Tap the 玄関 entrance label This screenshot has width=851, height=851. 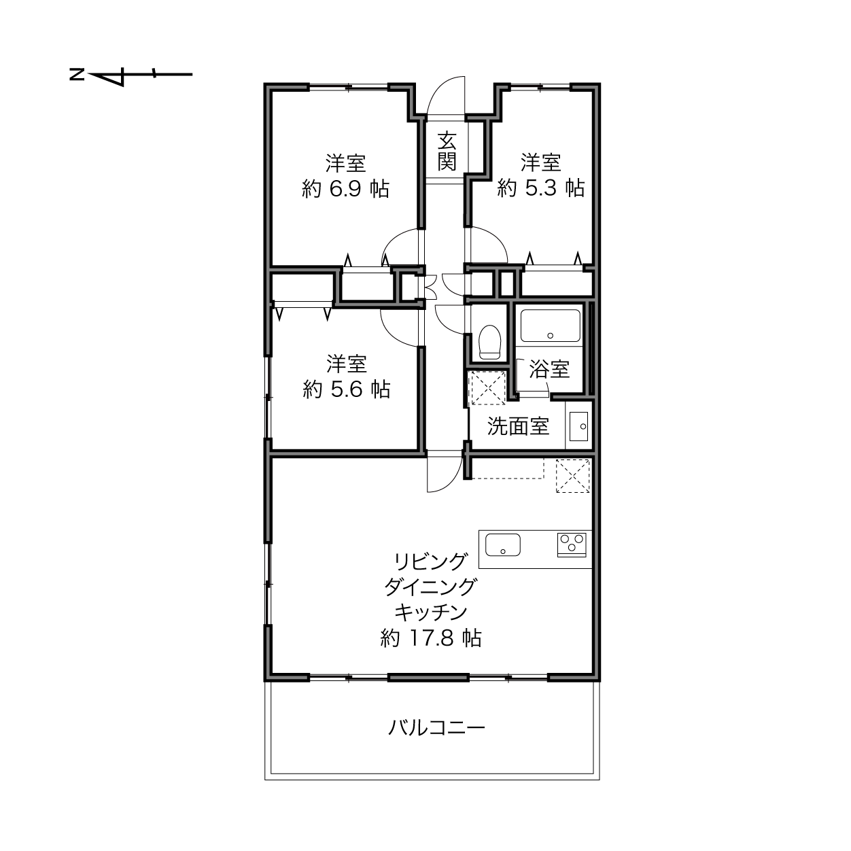(x=447, y=152)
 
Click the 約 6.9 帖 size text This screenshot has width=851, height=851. (x=345, y=189)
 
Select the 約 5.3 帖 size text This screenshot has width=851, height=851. (x=540, y=188)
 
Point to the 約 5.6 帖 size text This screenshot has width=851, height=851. (x=346, y=389)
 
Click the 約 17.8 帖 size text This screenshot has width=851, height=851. (x=430, y=638)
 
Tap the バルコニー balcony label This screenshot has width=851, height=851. (x=436, y=727)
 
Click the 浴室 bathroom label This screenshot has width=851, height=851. (x=549, y=369)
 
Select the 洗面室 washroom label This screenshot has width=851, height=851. (x=518, y=426)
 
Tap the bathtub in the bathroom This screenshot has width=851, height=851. (x=551, y=326)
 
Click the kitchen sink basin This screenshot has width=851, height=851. (x=502, y=545)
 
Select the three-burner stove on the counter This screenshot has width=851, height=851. (x=572, y=545)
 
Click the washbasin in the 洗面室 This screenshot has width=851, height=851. (x=578, y=426)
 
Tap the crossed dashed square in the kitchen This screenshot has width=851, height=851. (x=572, y=476)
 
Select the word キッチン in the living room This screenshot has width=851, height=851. (x=430, y=612)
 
